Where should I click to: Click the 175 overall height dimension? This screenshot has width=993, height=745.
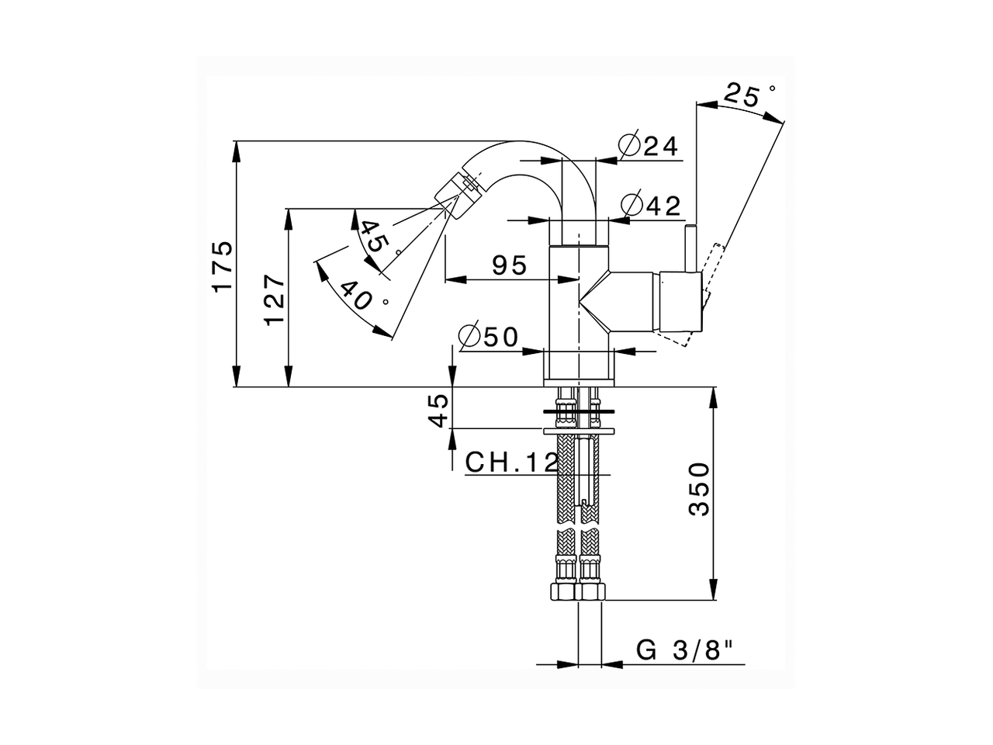click(223, 266)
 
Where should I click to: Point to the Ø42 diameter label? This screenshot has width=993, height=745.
click(652, 206)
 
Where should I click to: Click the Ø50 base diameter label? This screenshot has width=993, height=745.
click(488, 338)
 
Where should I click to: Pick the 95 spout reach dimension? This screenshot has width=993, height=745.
click(510, 265)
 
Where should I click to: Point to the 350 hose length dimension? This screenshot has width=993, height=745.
click(700, 489)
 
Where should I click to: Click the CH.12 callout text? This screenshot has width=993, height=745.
click(511, 463)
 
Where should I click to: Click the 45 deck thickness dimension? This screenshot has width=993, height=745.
click(439, 410)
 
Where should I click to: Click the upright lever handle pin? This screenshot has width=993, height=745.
click(690, 248)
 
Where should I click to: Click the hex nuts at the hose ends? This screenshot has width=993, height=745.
click(578, 592)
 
